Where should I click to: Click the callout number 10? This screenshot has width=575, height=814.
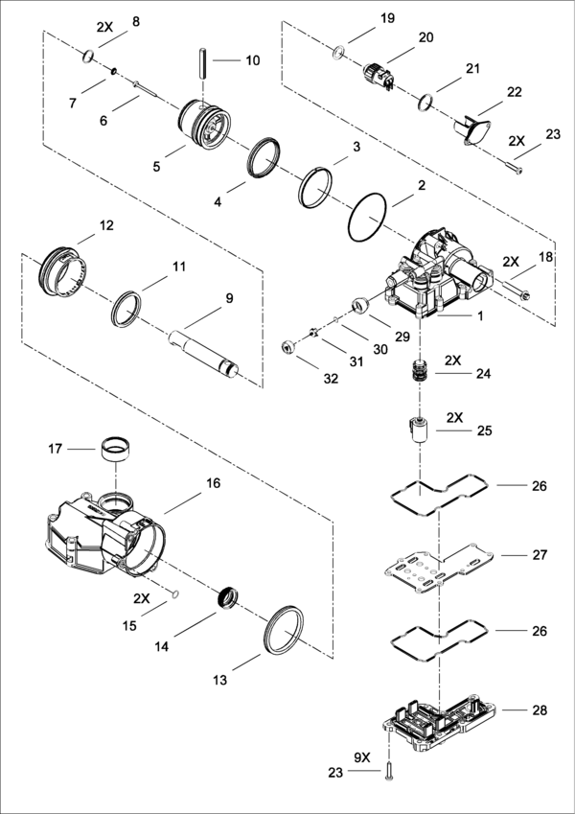tap(252, 60)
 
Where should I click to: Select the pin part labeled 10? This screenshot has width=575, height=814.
tap(205, 66)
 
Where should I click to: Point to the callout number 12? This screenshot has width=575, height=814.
tap(106, 225)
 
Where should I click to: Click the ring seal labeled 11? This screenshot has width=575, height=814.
tap(127, 311)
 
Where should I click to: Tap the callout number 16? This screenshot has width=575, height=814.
tap(213, 483)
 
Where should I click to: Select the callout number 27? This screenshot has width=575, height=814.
tap(539, 555)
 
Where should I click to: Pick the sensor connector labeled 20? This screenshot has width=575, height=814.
tap(379, 74)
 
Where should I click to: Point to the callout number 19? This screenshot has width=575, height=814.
tap(386, 18)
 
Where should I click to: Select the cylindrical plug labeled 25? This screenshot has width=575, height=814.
tap(419, 429)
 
